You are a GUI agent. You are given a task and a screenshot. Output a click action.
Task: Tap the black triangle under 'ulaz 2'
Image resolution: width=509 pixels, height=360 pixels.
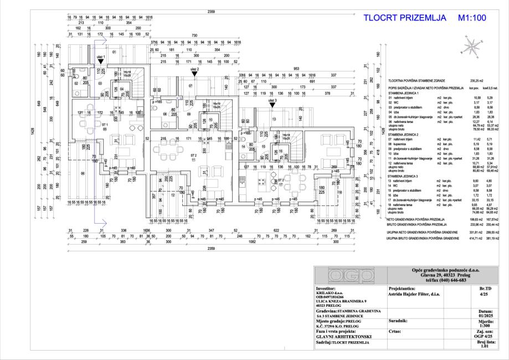tap(194, 73)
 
